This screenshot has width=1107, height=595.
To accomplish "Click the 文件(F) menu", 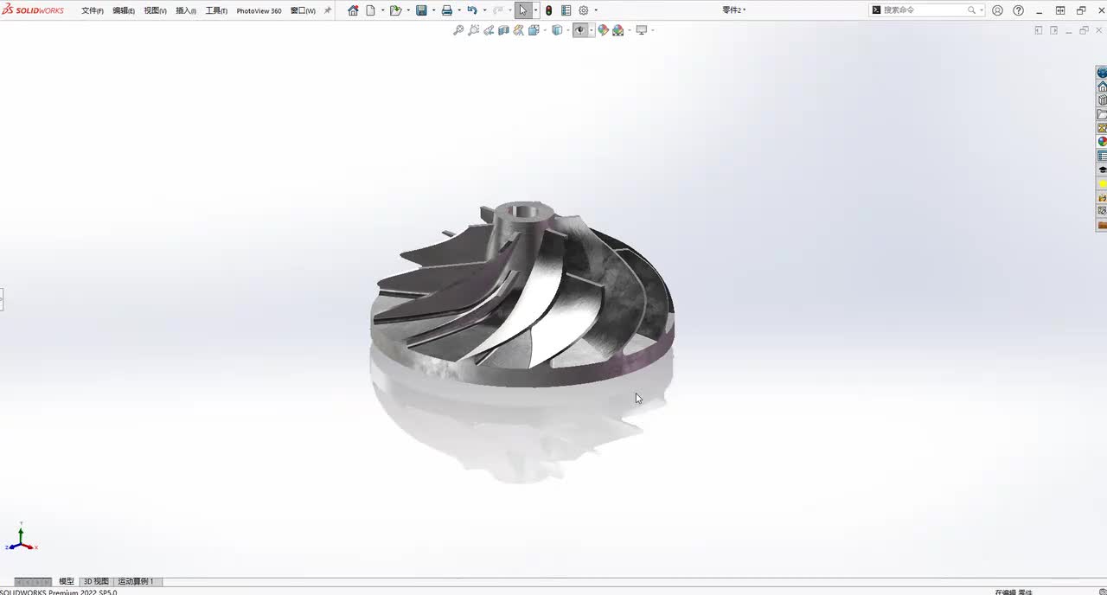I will coord(92,10).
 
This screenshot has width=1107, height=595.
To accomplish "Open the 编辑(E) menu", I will coord(123,10).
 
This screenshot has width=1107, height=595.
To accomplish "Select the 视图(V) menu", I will coord(155,10).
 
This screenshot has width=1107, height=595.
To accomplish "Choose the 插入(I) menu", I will coord(185,10).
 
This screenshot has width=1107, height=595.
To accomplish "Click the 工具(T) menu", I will coord(215,10).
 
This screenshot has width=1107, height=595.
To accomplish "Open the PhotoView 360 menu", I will coord(259,10).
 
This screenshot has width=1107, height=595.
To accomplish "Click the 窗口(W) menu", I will coord(303,10).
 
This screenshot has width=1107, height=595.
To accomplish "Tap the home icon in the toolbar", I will coord(353,10).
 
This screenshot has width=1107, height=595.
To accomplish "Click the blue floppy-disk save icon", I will coord(421,10).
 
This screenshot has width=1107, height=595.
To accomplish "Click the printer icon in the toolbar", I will coord(446,10).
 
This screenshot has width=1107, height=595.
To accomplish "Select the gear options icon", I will coord(583,10).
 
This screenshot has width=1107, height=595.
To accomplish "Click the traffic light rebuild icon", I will coord(548,10).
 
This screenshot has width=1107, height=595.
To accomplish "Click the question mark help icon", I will coord(1018,10).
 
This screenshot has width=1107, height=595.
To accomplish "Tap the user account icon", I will coord(997,10).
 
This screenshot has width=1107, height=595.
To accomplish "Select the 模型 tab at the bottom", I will coord(66,581).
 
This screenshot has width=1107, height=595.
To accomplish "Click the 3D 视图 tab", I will coord(96,581).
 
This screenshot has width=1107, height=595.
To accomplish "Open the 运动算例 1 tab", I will coord(136,581).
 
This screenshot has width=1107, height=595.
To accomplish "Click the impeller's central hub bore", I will coord(522,210).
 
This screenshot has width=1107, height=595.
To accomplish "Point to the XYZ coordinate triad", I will coord(21,541).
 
